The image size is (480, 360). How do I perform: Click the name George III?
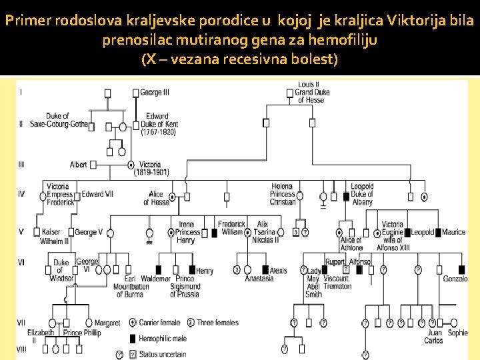click(x=155, y=92)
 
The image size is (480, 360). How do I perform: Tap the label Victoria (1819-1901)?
click(x=151, y=168)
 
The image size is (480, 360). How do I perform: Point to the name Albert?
click(x=79, y=165)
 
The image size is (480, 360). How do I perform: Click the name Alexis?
click(x=278, y=271)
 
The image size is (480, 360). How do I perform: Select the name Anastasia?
click(x=259, y=279)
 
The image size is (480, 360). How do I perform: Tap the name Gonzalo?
click(x=455, y=279)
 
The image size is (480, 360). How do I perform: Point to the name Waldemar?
click(x=156, y=279)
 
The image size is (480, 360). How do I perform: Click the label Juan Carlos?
click(x=434, y=337)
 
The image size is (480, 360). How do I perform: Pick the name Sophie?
click(x=458, y=333)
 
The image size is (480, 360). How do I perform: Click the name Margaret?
click(x=107, y=323)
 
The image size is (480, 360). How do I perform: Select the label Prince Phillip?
click(x=82, y=333)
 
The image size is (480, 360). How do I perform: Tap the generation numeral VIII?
click(x=21, y=349)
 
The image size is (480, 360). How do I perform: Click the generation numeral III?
click(x=21, y=163)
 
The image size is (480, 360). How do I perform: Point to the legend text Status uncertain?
click(x=163, y=354)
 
